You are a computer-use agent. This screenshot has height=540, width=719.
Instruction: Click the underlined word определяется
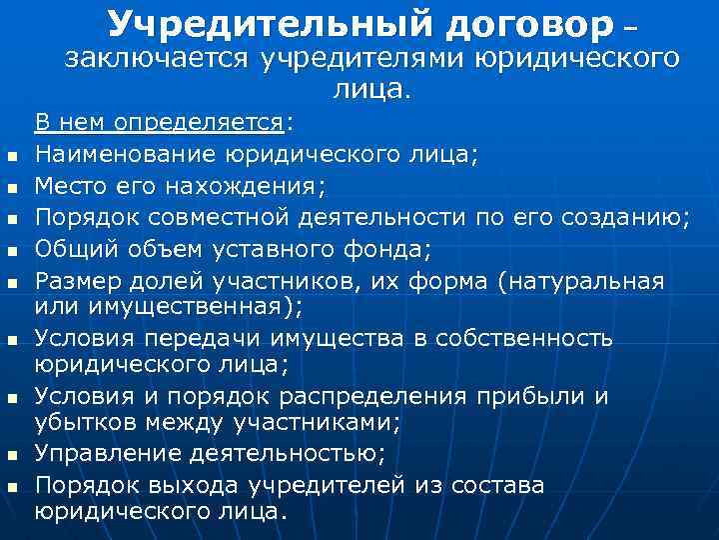point(199,124)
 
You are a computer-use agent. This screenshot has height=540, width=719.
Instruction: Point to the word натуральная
point(583,281)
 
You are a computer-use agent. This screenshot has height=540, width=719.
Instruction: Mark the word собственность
point(540,338)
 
